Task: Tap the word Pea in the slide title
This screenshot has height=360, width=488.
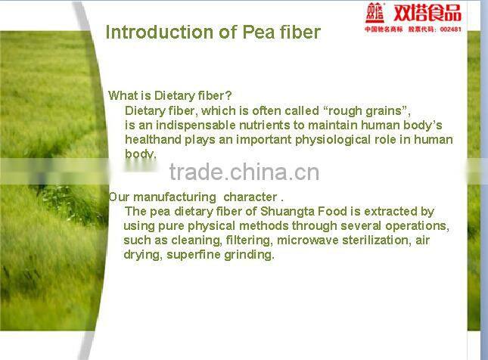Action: click(x=258, y=33)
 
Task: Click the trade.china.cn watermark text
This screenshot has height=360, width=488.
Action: click(x=244, y=172)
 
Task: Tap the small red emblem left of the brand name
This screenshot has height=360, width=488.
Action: click(x=376, y=13)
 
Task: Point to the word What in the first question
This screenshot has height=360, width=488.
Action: click(x=123, y=96)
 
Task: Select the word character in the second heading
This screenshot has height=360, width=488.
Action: click(x=250, y=197)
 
